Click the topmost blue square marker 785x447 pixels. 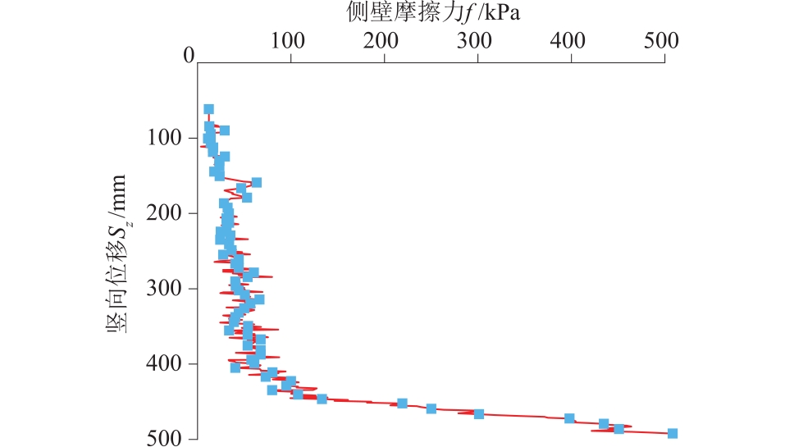coord(208,109)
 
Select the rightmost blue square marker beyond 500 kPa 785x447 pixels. coord(673,433)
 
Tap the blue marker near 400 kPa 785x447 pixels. coord(569,418)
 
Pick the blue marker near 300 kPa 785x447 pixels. coord(479,413)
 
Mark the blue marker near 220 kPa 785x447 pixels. coord(402,404)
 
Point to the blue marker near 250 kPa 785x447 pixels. coord(431,408)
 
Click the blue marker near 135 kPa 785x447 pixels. coord(322,399)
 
